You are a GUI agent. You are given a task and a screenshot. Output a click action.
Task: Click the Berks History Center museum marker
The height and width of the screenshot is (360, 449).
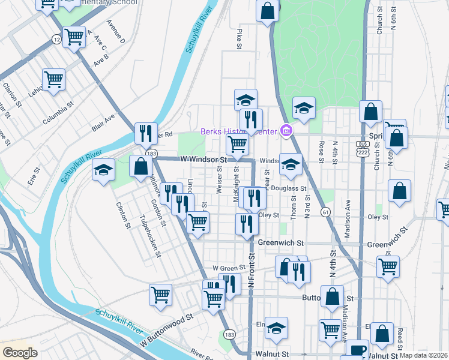point(286,131)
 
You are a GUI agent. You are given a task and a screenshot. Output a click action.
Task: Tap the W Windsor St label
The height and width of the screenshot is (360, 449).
point(204,160)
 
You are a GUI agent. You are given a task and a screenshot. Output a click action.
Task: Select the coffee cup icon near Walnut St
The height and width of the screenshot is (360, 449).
point(358,350)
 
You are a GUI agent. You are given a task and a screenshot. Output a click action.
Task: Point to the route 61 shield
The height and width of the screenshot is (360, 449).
point(325,212)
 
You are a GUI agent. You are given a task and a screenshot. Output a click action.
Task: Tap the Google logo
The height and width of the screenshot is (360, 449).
point(20,353)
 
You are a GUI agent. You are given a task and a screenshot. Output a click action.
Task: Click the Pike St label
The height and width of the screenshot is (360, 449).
point(240,37)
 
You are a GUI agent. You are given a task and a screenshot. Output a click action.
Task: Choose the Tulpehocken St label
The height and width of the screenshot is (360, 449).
point(150,236)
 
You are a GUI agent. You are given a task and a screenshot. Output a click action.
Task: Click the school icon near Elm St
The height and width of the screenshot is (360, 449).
point(276,327)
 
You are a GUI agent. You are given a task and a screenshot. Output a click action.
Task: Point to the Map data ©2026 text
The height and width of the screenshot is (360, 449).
point(424,355)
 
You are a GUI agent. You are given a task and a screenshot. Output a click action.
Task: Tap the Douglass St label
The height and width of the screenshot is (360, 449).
point(289,188)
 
